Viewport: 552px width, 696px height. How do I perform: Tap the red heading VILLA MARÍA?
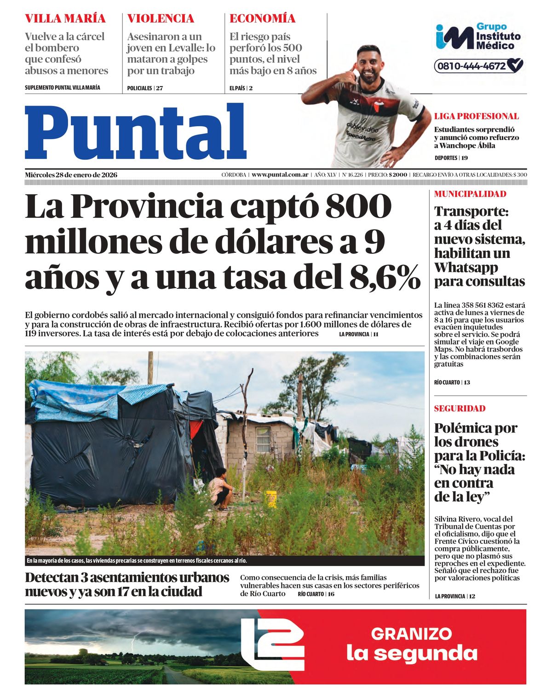coord(65,18)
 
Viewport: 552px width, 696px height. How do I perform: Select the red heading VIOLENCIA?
coord(161,18)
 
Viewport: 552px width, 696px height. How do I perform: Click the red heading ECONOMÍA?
coord(262,18)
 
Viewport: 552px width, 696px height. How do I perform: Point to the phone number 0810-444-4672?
coord(471,66)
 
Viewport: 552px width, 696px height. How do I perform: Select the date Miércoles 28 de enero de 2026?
coord(71,175)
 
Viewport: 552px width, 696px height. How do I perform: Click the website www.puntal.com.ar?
coord(280,175)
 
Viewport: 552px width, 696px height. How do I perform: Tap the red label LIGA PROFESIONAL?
coord(476,116)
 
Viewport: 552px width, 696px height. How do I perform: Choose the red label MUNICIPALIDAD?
coord(470,194)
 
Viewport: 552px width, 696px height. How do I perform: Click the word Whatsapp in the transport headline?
coord(466,267)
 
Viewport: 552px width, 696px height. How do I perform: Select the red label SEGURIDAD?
coord(460,409)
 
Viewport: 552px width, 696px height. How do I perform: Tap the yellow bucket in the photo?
coord(271,499)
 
